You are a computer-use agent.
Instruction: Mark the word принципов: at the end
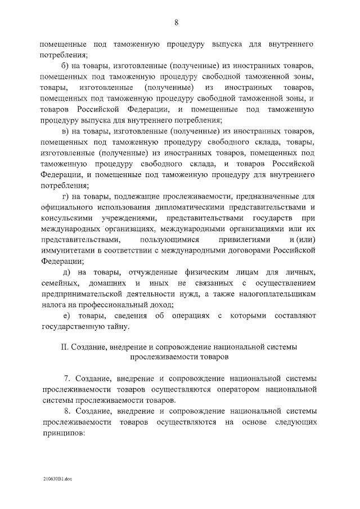[x=62, y=433]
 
